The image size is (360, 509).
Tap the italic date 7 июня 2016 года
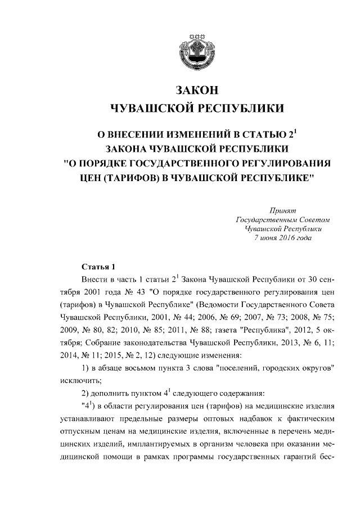[285, 238]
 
